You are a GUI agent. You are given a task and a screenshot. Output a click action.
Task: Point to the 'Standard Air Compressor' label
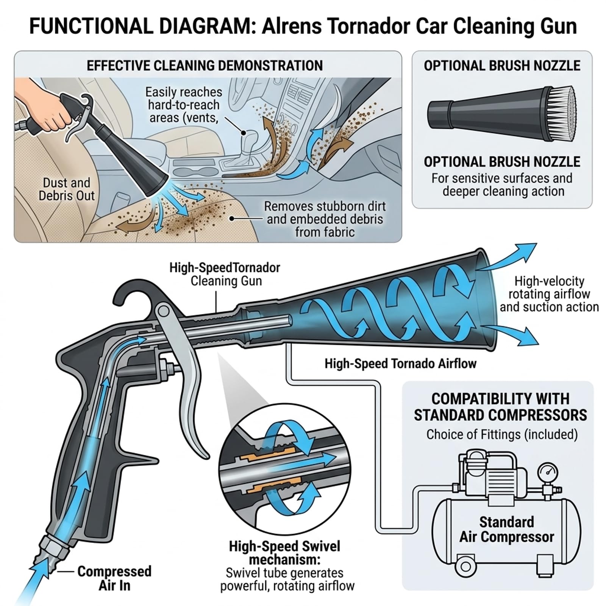(x=506, y=529)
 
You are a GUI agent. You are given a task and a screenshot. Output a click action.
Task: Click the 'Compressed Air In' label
(x=114, y=578)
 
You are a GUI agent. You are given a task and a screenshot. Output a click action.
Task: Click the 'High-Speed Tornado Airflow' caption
(x=400, y=364)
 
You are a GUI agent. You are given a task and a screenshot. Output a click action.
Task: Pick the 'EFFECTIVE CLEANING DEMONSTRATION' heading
(x=205, y=66)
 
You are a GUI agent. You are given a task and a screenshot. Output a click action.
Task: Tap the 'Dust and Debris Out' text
(x=67, y=189)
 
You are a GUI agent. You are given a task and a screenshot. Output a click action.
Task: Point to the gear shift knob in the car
(x=242, y=137)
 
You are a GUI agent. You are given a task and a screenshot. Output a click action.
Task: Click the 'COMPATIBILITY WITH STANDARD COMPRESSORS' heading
(x=500, y=407)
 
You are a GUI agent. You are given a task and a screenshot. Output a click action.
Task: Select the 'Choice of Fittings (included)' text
(x=502, y=434)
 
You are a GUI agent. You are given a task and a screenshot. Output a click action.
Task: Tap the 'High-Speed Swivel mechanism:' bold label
(x=284, y=553)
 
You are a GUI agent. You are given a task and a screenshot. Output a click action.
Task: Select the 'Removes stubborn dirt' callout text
(x=325, y=206)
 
